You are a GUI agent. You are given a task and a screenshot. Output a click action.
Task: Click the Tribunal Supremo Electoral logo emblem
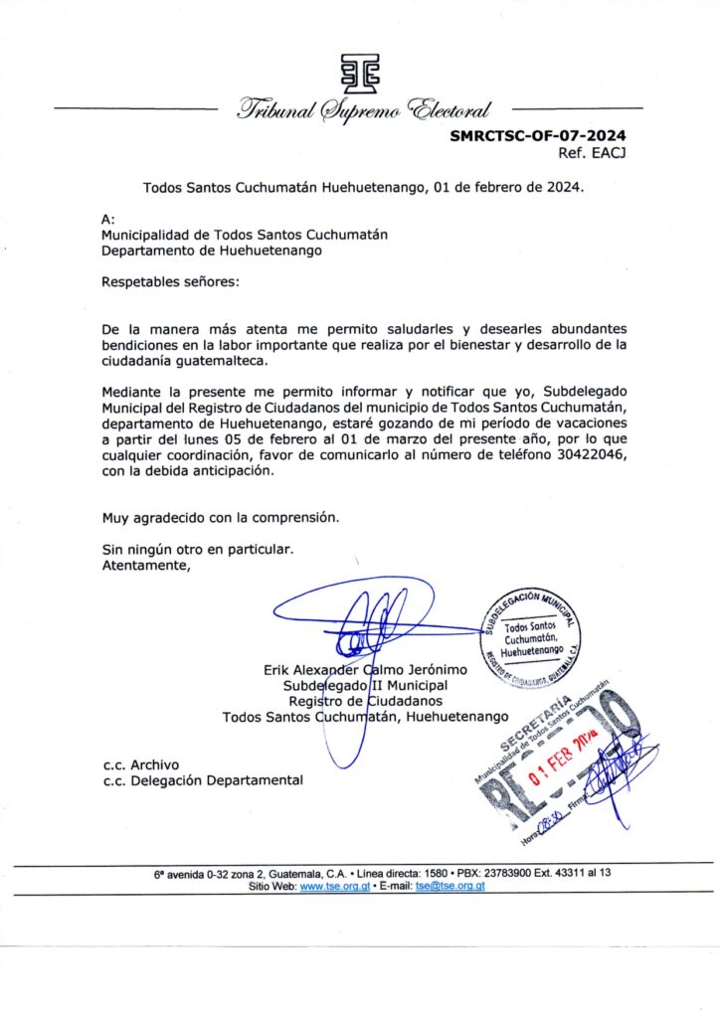(x=359, y=72)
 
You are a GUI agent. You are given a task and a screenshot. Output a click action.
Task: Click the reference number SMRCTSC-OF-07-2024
(x=538, y=136)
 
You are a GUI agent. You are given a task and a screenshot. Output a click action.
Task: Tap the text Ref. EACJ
(x=593, y=153)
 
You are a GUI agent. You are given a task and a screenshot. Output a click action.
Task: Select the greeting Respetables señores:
(x=170, y=282)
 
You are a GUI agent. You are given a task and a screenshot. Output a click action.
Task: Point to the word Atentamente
(x=145, y=566)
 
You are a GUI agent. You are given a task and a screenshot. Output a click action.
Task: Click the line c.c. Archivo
(x=140, y=764)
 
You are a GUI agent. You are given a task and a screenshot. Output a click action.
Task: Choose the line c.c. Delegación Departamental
(x=202, y=780)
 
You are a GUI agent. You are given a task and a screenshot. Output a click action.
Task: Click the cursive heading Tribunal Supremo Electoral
(x=363, y=110)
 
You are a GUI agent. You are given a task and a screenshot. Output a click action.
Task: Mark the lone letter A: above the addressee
(x=108, y=219)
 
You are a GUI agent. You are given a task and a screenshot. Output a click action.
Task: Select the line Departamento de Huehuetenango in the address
(x=212, y=251)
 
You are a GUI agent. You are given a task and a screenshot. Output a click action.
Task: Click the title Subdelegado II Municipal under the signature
(x=365, y=685)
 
